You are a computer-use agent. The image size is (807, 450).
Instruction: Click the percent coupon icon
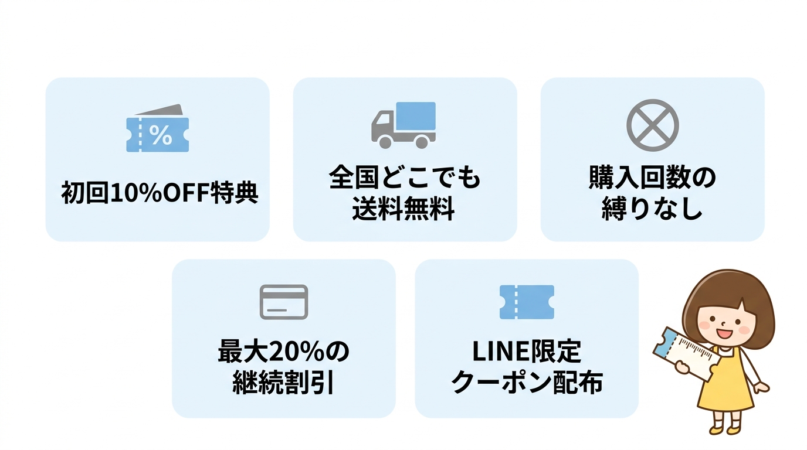[158, 129]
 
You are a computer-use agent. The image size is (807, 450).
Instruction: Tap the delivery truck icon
[403, 124]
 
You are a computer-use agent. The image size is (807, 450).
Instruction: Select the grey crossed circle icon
[652, 125]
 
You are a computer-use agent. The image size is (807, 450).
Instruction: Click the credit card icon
[284, 302]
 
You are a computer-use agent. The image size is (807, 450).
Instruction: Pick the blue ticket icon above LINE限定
[527, 302]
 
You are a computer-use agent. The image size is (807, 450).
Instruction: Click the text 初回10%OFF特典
[160, 192]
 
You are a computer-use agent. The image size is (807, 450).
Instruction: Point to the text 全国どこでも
[405, 178]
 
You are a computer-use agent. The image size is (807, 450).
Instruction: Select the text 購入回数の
[652, 178]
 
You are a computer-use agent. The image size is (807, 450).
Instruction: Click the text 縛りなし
[652, 209]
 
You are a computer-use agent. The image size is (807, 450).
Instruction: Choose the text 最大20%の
[284, 352]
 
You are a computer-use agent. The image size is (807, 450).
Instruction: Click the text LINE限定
[527, 352]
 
